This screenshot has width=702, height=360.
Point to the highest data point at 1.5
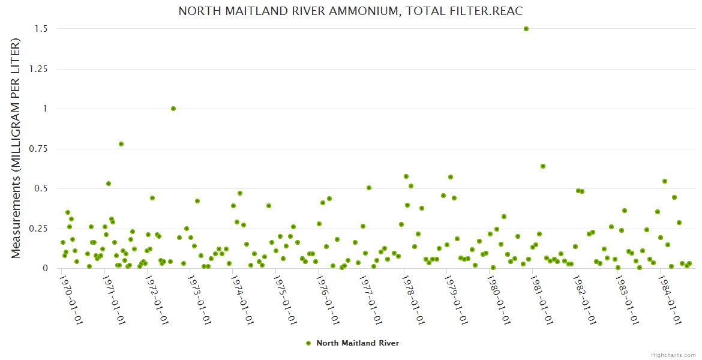526,29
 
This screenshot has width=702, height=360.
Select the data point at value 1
173,109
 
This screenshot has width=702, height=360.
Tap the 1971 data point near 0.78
121,144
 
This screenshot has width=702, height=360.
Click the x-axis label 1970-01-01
71,300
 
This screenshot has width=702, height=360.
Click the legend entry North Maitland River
358,343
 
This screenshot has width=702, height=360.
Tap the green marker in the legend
308,343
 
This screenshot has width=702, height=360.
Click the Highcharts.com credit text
673,355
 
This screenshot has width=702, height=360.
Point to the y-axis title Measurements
16,148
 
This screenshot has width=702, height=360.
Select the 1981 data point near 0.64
543,166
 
